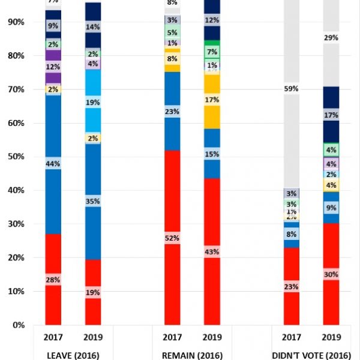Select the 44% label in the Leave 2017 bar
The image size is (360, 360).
(53, 164)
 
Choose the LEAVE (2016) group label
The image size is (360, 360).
(73, 354)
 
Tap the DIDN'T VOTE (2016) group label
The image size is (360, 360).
(312, 354)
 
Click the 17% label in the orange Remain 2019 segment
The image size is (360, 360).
(212, 100)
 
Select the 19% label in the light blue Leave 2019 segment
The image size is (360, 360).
(92, 103)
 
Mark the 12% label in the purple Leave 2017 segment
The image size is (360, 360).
(53, 67)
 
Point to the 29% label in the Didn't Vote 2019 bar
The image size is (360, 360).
(331, 38)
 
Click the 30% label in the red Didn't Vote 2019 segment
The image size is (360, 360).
(331, 275)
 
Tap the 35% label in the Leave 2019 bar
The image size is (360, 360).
(92, 201)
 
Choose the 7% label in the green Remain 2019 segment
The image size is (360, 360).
(212, 51)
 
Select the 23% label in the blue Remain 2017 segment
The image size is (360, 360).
(173, 111)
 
